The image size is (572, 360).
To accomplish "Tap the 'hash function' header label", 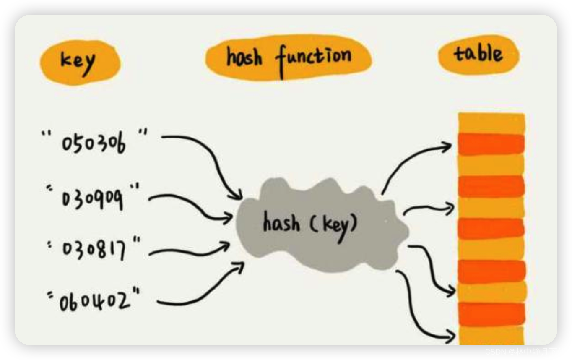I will (x=289, y=58).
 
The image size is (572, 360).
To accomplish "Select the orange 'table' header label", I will (x=478, y=55).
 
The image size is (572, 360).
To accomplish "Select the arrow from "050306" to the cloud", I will (x=210, y=155).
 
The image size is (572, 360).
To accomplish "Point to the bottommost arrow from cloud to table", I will (x=419, y=310).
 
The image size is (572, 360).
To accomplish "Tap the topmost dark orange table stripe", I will (x=491, y=144).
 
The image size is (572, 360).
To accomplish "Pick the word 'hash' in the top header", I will (x=244, y=57).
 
